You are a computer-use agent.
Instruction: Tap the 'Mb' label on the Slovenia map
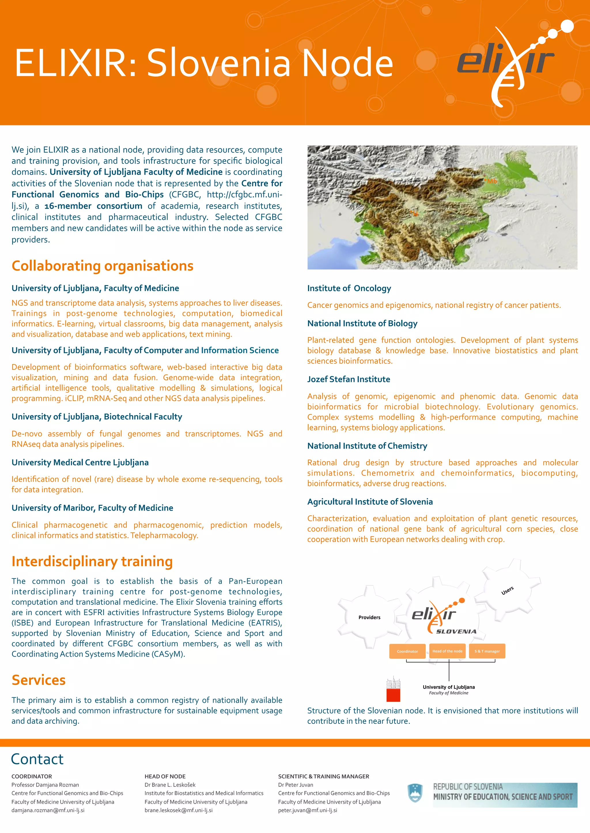click(491, 181)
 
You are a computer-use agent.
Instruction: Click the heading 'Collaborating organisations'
click(103, 266)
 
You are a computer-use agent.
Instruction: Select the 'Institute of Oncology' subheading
click(349, 288)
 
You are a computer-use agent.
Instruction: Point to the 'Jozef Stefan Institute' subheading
click(348, 379)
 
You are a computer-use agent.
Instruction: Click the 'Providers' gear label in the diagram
click(369, 617)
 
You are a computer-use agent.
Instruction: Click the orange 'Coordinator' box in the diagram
click(407, 651)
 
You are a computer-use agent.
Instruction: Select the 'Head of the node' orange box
click(447, 651)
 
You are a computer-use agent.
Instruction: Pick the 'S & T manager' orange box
click(487, 651)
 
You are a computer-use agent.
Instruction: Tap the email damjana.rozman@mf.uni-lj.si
click(48, 810)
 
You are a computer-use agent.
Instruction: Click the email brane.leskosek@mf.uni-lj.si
click(178, 810)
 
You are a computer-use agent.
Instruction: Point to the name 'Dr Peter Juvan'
click(295, 785)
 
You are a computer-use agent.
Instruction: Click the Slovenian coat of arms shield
click(415, 793)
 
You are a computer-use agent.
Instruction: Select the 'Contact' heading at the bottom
click(37, 759)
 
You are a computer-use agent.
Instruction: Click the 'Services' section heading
click(39, 680)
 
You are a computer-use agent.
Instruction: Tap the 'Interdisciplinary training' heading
click(92, 561)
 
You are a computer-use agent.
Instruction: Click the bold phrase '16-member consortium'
click(93, 206)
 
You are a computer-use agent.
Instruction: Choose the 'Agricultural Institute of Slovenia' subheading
click(370, 502)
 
